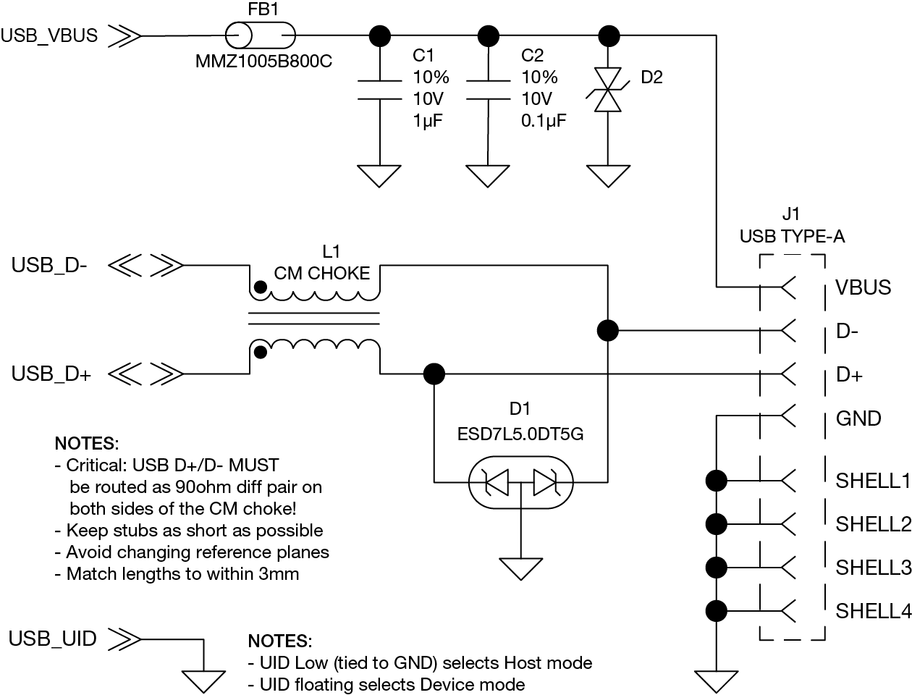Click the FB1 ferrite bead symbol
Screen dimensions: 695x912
[261, 35]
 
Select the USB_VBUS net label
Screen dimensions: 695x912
[49, 35]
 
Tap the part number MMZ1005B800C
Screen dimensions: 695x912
[263, 62]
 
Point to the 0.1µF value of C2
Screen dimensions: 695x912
[544, 121]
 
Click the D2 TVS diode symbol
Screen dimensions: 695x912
[607, 90]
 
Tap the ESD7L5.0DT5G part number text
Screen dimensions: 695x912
[520, 435]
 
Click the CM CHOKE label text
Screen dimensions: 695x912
[322, 273]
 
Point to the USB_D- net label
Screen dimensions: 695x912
[49, 266]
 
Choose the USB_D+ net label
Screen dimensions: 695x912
[51, 374]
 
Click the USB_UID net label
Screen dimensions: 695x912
[52, 639]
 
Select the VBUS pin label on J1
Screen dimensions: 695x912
[863, 287]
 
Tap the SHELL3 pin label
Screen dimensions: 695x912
[873, 567]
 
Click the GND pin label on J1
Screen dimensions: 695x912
[858, 418]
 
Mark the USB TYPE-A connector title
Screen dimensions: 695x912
[792, 236]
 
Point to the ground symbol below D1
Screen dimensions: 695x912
[520, 568]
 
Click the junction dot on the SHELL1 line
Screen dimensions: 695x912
[717, 479]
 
